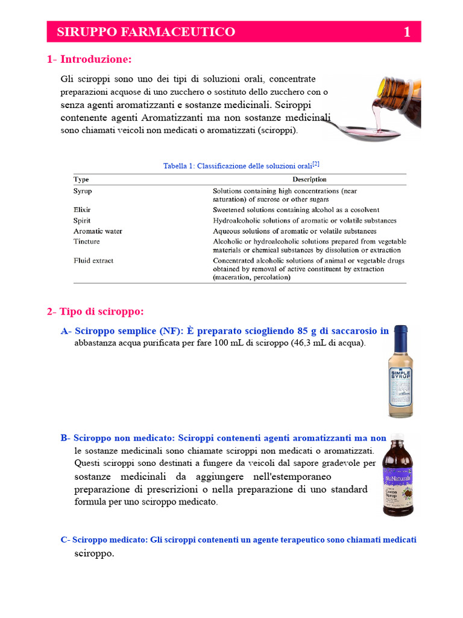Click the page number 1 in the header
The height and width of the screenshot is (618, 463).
[x=407, y=32]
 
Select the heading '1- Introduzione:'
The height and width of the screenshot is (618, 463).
[x=89, y=59]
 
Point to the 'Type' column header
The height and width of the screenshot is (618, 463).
[x=81, y=179]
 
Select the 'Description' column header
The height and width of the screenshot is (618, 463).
[x=309, y=179]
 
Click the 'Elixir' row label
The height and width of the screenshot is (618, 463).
[x=82, y=210]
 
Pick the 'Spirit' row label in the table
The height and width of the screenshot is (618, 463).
[x=82, y=220]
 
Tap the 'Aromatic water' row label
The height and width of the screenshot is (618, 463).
[x=98, y=231]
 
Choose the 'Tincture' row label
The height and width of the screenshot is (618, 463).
[x=87, y=241]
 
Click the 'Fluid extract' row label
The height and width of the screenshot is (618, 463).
[x=93, y=261]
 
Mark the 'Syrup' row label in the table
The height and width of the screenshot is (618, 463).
[x=83, y=191]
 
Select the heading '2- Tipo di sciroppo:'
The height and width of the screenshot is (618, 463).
[x=95, y=311]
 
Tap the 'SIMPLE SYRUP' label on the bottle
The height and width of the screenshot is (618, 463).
[x=400, y=375]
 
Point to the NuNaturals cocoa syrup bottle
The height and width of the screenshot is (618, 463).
[x=398, y=477]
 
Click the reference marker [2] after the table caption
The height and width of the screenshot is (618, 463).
[x=316, y=164]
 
